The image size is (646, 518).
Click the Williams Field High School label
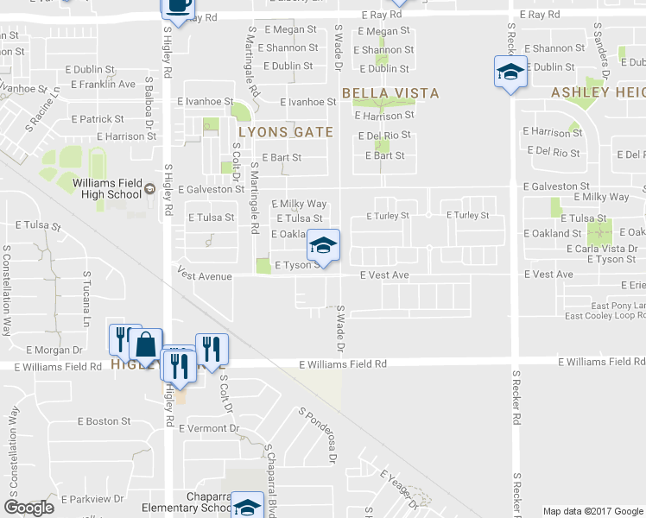[x=107, y=188]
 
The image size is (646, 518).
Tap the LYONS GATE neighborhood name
[x=285, y=132]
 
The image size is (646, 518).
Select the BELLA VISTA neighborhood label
[x=390, y=93]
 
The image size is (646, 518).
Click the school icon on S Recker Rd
[x=510, y=72]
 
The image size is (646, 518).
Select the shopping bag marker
[x=146, y=347]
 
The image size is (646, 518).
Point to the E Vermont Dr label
[x=211, y=428]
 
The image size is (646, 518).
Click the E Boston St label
[x=104, y=421]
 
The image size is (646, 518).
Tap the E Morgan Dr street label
[x=54, y=350]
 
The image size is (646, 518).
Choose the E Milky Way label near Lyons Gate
[x=299, y=205]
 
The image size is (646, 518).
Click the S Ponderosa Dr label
[x=316, y=437]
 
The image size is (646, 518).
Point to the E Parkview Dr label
[x=95, y=499]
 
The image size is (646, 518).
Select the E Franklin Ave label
[x=103, y=85]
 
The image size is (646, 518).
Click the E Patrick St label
[x=98, y=119]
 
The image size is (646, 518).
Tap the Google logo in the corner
[x=29, y=508]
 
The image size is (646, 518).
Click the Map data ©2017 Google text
[x=592, y=511]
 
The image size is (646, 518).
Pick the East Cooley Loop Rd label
[x=605, y=316]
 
